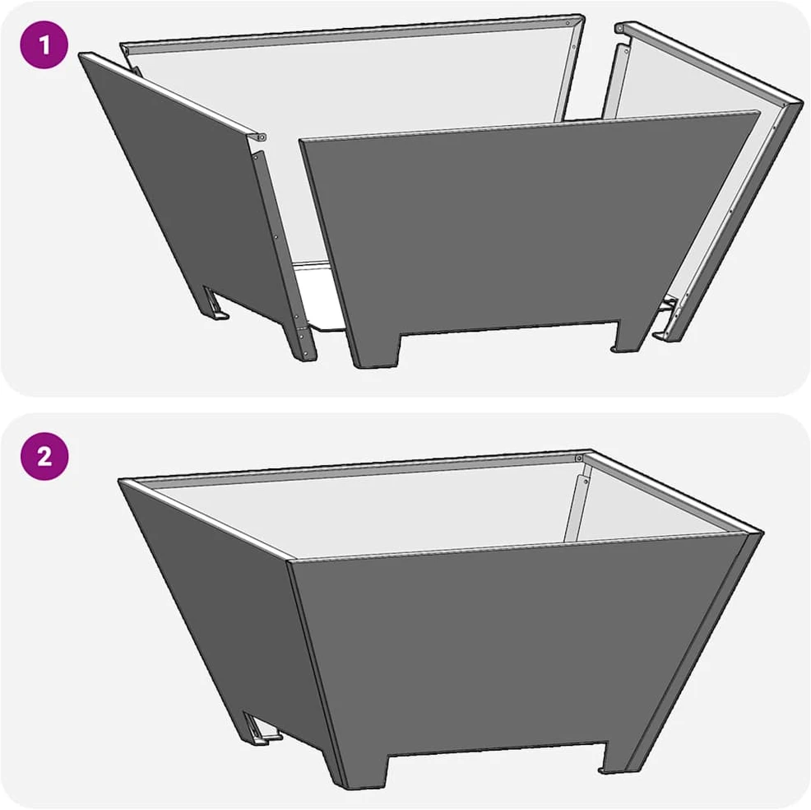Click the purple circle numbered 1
44,45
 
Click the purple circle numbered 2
44,457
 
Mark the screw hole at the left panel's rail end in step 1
262,137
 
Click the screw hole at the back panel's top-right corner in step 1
569,23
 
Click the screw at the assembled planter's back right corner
579,458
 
